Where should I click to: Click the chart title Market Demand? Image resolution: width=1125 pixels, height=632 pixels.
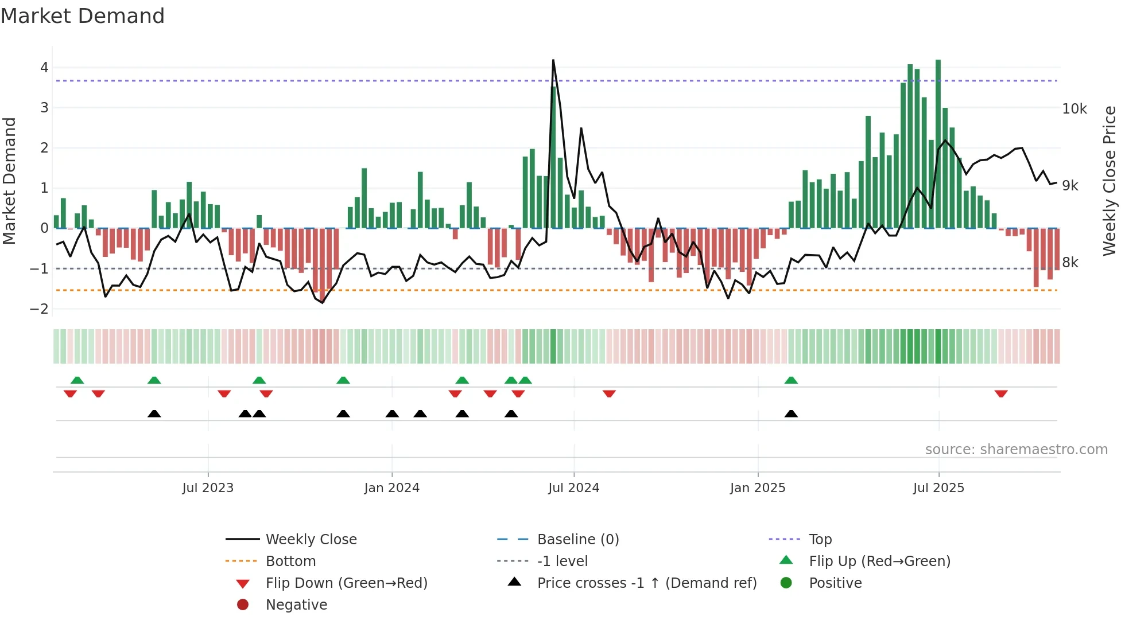(x=83, y=16)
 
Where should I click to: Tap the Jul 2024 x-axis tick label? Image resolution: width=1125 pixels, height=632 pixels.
(x=573, y=488)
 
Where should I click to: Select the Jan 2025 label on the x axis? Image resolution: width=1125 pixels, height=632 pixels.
(x=757, y=488)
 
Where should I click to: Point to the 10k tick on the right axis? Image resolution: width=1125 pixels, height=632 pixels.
(x=1074, y=109)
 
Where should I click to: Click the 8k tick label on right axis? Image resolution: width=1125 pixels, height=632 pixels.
(x=1070, y=263)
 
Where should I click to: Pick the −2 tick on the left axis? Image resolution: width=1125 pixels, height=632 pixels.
(x=40, y=309)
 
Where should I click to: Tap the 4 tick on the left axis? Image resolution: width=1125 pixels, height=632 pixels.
(x=44, y=68)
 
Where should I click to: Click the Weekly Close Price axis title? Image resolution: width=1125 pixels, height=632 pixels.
(x=1109, y=181)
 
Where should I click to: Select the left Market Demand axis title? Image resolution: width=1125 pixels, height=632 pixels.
(x=10, y=181)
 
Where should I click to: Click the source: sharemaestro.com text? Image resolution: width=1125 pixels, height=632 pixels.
(x=1016, y=450)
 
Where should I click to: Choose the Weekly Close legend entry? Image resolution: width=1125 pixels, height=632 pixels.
(x=311, y=540)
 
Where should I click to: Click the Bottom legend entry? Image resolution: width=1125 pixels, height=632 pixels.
(x=290, y=561)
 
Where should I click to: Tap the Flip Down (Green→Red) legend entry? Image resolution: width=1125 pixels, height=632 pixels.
(x=346, y=583)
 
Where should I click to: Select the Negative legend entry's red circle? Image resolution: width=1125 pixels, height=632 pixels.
(x=243, y=605)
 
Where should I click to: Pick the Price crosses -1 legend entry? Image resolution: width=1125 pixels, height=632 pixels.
(x=646, y=583)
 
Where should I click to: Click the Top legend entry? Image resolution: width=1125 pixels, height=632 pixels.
(x=820, y=540)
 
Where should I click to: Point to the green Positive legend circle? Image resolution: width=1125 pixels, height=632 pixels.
(x=786, y=583)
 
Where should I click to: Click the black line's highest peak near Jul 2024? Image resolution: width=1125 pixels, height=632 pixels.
(x=553, y=60)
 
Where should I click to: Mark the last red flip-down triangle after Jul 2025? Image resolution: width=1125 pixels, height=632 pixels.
(x=1001, y=393)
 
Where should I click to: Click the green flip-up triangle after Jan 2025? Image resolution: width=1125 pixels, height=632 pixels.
(x=791, y=380)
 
